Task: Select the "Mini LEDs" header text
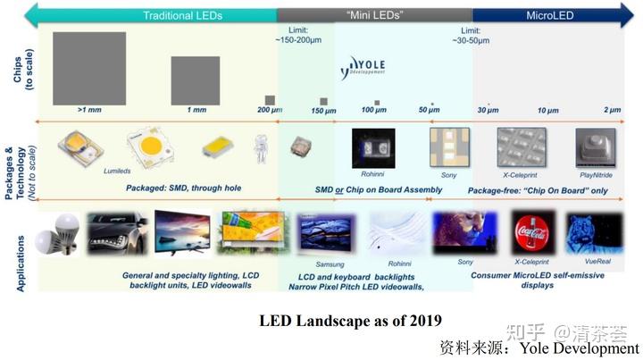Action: [x=373, y=15]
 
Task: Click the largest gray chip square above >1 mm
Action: [x=89, y=67]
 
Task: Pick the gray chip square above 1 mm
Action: [x=196, y=80]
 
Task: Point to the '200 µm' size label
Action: [x=269, y=110]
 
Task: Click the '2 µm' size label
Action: [x=612, y=110]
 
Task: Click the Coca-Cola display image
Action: [x=533, y=232]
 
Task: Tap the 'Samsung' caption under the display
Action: [x=330, y=264]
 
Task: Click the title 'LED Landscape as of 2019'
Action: [x=350, y=320]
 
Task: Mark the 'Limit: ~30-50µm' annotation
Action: [x=471, y=36]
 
